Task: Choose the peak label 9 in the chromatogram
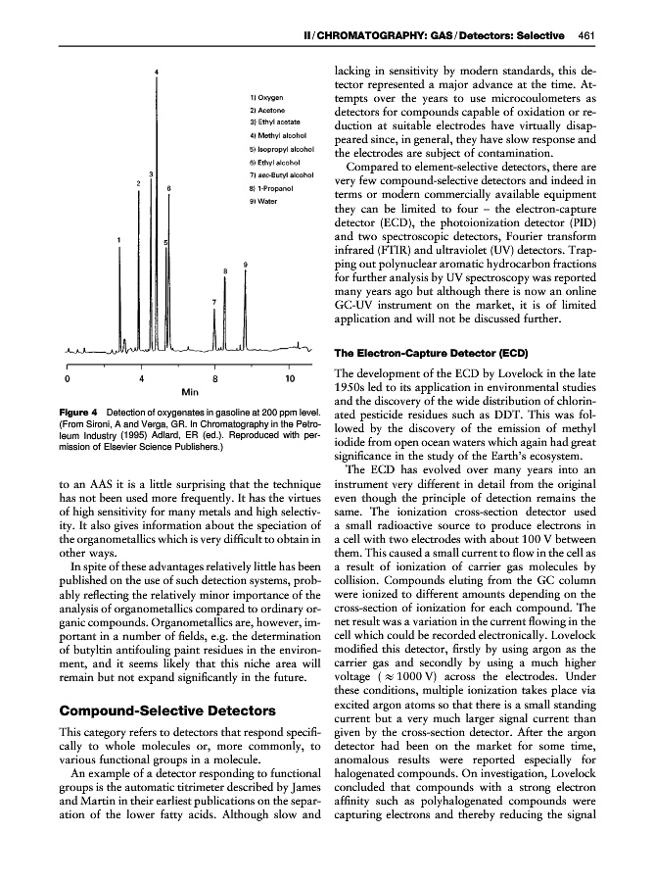(244, 264)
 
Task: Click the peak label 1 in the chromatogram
(118, 238)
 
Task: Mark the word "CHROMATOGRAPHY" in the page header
(377, 36)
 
